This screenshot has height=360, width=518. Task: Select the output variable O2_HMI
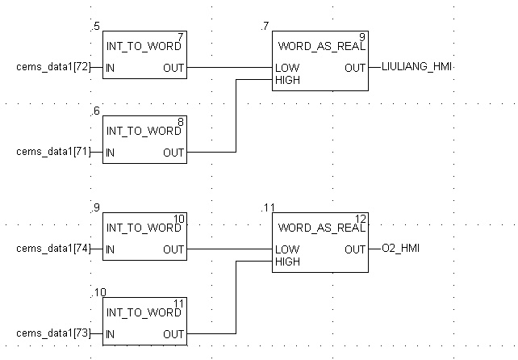point(401,249)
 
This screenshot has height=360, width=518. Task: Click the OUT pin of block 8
point(173,152)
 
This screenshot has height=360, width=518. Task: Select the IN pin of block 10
point(110,249)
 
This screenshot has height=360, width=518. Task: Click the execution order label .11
point(268,208)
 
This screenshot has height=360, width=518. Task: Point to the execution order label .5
point(96,27)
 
